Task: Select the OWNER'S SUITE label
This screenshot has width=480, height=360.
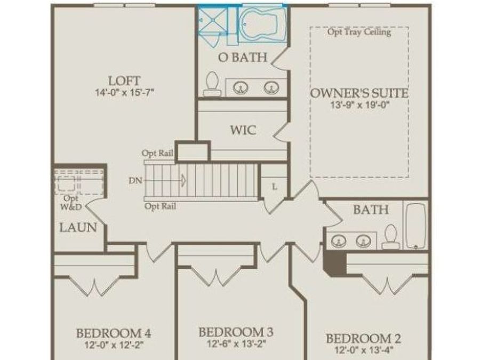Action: point(359,93)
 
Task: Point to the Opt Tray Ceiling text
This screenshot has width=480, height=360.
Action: point(359,32)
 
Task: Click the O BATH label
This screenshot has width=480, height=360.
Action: point(243,57)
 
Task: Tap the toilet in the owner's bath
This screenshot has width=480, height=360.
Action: point(212,84)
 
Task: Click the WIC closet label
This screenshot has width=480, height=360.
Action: point(243,130)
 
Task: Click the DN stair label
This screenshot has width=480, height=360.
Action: point(135,180)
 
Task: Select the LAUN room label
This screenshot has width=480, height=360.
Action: point(78,228)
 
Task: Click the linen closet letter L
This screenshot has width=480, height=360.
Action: point(274,187)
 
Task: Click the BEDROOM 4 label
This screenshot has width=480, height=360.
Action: point(113,334)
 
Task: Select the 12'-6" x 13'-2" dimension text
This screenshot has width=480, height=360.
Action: point(236,343)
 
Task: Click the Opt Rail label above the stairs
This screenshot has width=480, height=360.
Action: point(157,153)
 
